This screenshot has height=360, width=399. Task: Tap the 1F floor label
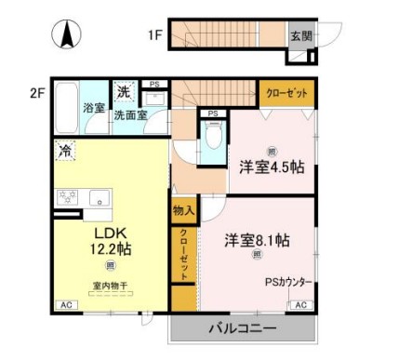153,36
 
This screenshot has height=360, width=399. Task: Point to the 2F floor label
37,92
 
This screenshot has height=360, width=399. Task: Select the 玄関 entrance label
300,36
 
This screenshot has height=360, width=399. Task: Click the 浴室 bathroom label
94,108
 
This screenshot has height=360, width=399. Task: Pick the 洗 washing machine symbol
123,92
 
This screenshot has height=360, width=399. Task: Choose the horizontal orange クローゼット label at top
287,93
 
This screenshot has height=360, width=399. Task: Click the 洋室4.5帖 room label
271,167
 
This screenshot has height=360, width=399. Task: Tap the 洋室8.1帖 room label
257,240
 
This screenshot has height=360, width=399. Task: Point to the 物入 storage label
183,212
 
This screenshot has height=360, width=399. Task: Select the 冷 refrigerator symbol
66,149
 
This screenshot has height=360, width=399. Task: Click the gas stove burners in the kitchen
69,196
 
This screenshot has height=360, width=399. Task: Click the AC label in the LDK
66,305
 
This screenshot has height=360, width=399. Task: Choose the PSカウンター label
288,282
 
